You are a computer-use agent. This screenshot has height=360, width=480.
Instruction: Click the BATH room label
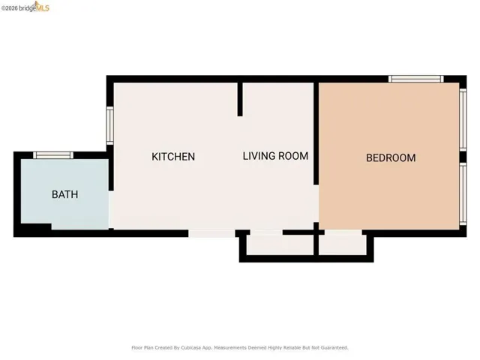(x=64, y=194)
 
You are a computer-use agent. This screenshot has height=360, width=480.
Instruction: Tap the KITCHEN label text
(x=173, y=157)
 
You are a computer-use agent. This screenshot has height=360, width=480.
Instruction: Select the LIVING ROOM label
(x=275, y=156)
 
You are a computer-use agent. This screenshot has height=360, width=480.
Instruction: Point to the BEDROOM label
(x=390, y=157)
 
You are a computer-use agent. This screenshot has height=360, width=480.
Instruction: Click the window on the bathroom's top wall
(x=53, y=155)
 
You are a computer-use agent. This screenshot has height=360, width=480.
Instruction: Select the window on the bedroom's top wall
(x=415, y=79)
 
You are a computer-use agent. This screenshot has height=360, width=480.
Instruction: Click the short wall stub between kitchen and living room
(x=240, y=99)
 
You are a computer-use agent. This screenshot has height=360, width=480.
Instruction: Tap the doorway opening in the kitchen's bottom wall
(x=212, y=233)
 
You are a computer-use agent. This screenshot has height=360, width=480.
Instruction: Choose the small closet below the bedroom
(x=342, y=244)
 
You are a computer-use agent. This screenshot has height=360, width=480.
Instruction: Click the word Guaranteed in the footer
(x=331, y=347)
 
